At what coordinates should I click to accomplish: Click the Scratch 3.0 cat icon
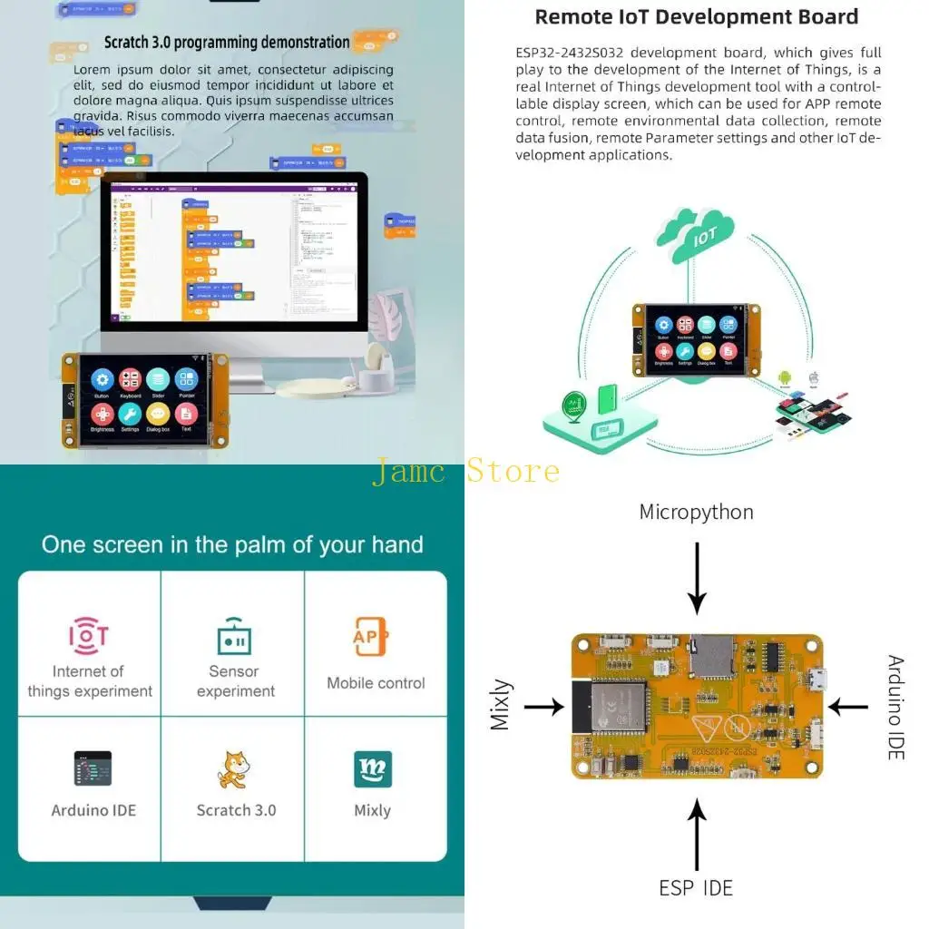click(233, 770)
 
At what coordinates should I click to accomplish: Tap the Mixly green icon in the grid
click(373, 769)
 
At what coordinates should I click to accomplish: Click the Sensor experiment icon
click(234, 637)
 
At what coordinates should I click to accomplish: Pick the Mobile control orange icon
click(370, 637)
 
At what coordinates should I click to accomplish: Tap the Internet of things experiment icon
click(89, 636)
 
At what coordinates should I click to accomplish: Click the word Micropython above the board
click(696, 512)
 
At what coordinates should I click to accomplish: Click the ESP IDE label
click(696, 887)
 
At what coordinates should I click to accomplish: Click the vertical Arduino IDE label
click(895, 707)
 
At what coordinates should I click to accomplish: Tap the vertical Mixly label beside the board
click(501, 705)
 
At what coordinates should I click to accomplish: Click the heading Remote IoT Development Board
click(696, 16)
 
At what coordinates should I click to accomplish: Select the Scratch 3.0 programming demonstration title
click(227, 43)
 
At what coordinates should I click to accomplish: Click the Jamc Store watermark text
click(465, 472)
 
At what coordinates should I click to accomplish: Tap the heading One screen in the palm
click(232, 544)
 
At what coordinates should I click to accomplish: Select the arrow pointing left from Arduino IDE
click(848, 707)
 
